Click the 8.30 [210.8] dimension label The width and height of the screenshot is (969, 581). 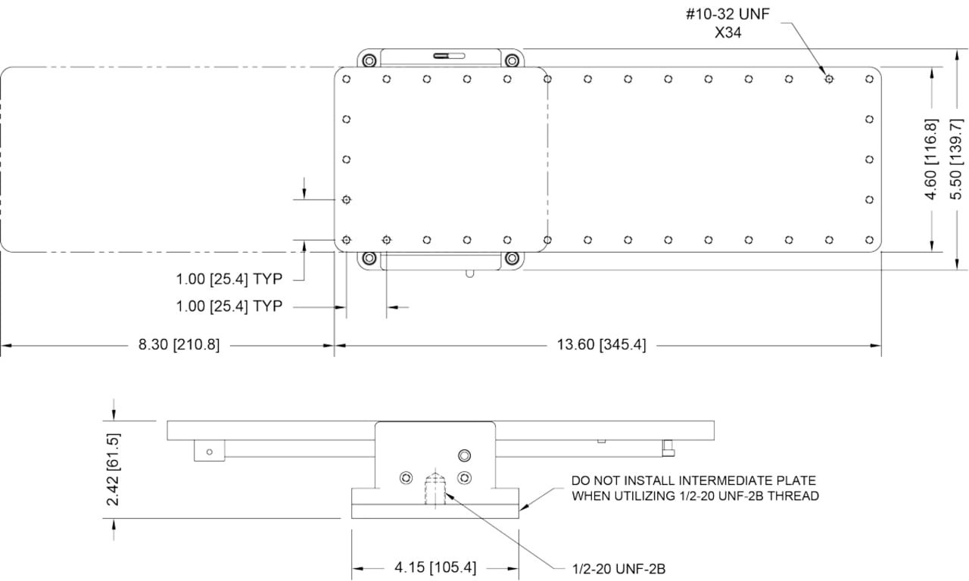(x=179, y=346)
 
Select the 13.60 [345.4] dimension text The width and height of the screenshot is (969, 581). (x=602, y=346)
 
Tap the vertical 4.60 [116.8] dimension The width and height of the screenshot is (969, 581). (x=932, y=159)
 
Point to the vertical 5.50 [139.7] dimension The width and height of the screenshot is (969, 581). (x=955, y=159)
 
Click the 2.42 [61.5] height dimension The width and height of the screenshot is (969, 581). (x=113, y=469)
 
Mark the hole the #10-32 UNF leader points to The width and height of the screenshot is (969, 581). (x=829, y=79)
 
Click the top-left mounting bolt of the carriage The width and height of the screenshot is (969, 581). (x=369, y=60)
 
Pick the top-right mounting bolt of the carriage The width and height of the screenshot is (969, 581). (x=513, y=60)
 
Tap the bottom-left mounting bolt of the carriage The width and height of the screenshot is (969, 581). (x=369, y=259)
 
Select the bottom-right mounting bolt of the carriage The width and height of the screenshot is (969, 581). (x=513, y=259)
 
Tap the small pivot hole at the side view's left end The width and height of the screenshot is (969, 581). (x=210, y=452)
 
